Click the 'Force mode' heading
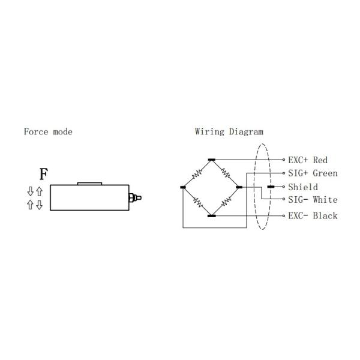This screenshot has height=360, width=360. tap(48, 131)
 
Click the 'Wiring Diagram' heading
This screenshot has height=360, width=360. tap(229, 131)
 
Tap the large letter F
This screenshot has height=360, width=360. tap(44, 175)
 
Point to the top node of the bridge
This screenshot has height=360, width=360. tap(211, 160)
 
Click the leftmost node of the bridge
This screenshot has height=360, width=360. tap(183, 187)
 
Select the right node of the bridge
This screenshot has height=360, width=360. tap(239, 187)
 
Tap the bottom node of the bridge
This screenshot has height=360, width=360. tap(211, 215)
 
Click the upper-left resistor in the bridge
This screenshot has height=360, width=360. tap(197, 174)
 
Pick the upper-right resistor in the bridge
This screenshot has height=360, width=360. tap(226, 174)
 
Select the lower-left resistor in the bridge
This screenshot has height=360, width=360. tap(197, 202)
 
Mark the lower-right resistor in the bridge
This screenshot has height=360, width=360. tap(226, 202)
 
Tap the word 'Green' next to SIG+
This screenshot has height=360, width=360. tap(325, 173)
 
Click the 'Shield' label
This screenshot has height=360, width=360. tap(303, 187)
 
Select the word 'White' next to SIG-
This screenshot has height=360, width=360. tap(325, 200)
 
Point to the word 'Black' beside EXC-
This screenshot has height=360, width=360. tap(325, 215)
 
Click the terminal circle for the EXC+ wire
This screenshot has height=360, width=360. tap(284, 160)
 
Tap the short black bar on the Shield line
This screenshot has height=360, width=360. tap(271, 187)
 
